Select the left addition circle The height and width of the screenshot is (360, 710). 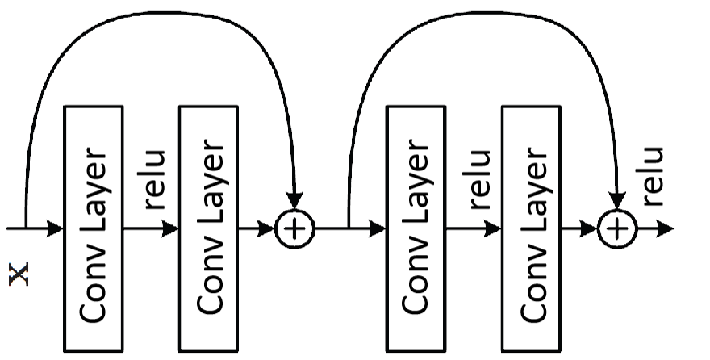point(295,229)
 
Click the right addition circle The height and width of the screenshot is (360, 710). point(617,229)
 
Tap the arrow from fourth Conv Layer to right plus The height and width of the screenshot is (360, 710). point(579,229)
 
